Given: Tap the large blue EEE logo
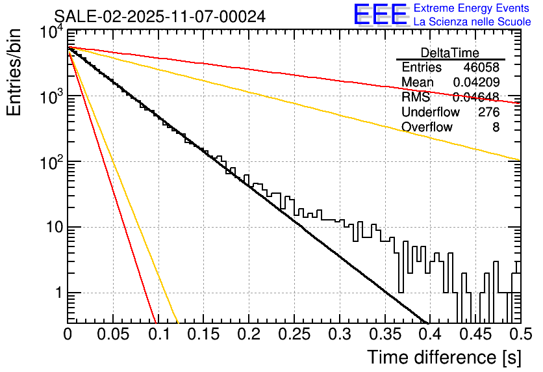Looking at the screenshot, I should tap(381, 15).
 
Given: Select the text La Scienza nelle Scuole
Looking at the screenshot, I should tap(472, 21).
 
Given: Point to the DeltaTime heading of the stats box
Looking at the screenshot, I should tap(450, 53).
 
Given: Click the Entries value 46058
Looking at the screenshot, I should tap(481, 68).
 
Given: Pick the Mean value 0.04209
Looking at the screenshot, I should tap(476, 83).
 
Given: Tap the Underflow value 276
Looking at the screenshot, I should tap(488, 112).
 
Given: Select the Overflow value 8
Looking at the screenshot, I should tap(496, 127).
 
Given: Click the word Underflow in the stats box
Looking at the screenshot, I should tap(430, 112).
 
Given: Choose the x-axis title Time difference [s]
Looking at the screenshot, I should tap(442, 357).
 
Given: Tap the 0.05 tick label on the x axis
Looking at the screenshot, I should tap(112, 334).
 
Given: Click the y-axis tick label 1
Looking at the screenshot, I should tap(57, 293).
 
